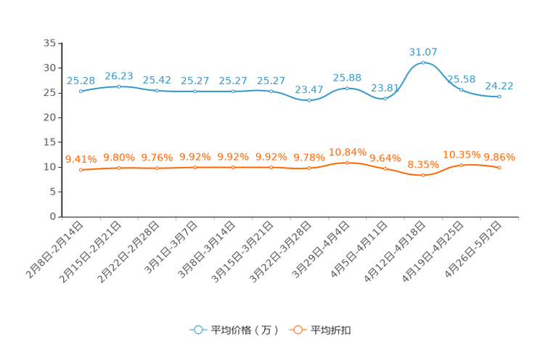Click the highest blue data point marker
point(423,62)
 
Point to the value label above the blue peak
point(424,52)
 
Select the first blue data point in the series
point(81,91)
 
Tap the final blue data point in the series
point(499,97)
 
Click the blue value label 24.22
point(499,86)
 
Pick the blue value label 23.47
point(309,89)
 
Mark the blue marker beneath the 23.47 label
point(309,101)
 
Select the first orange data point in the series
point(81,169)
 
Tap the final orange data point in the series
point(499,167)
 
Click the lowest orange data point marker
point(423,175)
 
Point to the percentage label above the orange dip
point(423,164)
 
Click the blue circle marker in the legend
point(198,330)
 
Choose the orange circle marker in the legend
point(297,330)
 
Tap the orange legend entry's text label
point(332,330)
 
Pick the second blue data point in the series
point(119,86)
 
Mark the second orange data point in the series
point(119,167)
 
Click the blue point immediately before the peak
point(385,99)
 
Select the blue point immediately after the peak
point(462,89)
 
